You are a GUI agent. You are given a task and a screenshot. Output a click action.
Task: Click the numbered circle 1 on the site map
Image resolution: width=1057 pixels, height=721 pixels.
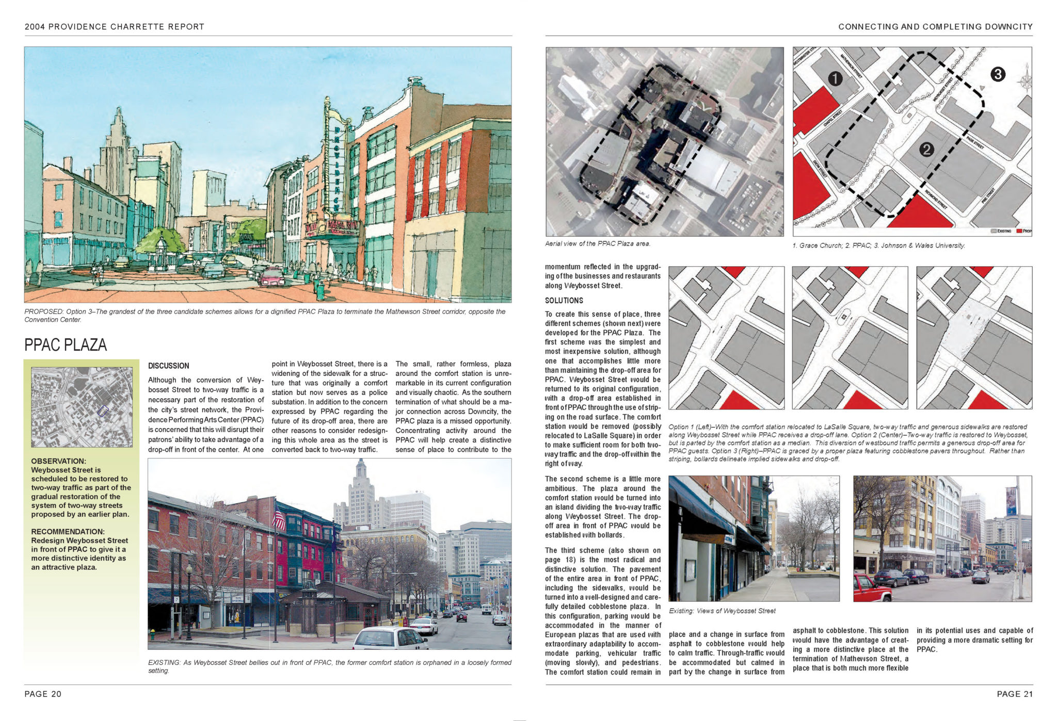835,78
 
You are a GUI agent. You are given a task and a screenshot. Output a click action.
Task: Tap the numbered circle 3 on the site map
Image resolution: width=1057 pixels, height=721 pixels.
998,74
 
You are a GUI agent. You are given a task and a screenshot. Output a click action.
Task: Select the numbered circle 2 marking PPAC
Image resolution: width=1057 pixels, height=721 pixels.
926,150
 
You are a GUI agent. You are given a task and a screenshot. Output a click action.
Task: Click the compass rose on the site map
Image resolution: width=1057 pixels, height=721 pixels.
1024,81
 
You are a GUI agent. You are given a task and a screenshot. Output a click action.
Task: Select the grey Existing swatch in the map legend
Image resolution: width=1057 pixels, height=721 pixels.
994,231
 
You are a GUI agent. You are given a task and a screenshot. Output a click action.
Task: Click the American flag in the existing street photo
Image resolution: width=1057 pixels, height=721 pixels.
279,518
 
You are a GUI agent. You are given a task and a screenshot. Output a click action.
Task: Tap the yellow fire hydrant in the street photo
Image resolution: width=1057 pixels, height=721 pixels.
153,633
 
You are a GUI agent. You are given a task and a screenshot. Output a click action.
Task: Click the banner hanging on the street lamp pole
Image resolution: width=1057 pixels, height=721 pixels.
1011,501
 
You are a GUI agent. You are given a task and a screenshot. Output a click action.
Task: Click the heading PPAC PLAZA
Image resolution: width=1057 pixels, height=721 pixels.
66,345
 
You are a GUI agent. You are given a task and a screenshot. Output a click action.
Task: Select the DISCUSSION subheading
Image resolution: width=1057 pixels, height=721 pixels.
168,366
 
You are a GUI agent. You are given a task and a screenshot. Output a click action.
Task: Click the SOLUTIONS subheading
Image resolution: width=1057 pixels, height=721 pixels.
564,301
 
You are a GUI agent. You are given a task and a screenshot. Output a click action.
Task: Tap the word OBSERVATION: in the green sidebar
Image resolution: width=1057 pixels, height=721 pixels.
59,461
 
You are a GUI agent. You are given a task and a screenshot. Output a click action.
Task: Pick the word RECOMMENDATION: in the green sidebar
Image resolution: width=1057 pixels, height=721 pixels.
68,532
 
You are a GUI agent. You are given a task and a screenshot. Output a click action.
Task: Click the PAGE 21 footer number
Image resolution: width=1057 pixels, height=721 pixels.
1015,694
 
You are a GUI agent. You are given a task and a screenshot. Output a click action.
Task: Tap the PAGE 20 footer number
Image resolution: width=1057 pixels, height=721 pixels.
43,694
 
